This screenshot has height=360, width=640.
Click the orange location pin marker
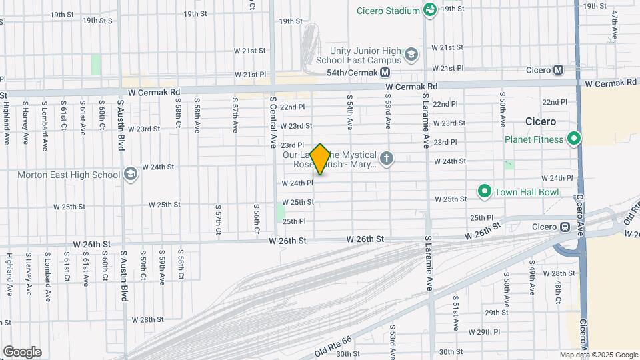(x=321, y=159)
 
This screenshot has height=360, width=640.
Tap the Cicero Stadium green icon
(x=430, y=10)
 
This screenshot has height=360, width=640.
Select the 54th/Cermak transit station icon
(x=385, y=73)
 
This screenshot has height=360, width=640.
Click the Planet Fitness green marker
(x=573, y=139)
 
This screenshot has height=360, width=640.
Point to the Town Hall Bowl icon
(x=484, y=192)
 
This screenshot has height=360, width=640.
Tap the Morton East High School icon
(x=131, y=175)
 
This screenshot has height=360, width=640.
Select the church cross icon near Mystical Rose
(x=387, y=158)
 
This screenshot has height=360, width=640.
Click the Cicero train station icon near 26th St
(x=565, y=227)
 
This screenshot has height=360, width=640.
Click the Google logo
(x=22, y=351)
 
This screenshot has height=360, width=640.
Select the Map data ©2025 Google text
(x=599, y=355)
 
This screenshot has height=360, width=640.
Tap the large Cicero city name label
(x=539, y=122)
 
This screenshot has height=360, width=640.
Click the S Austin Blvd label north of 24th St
(x=121, y=125)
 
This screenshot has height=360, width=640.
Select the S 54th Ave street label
(x=349, y=111)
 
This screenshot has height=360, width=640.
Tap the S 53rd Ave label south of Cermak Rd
(x=387, y=111)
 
